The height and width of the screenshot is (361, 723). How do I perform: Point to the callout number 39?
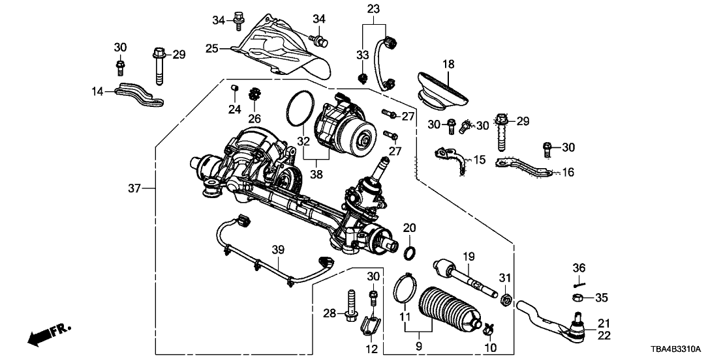coord(279,251)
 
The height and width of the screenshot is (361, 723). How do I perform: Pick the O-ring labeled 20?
coord(411,252)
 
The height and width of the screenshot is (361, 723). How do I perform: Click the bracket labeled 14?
coord(140,95)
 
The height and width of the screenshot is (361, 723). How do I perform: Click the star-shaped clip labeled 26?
coord(254,96)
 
